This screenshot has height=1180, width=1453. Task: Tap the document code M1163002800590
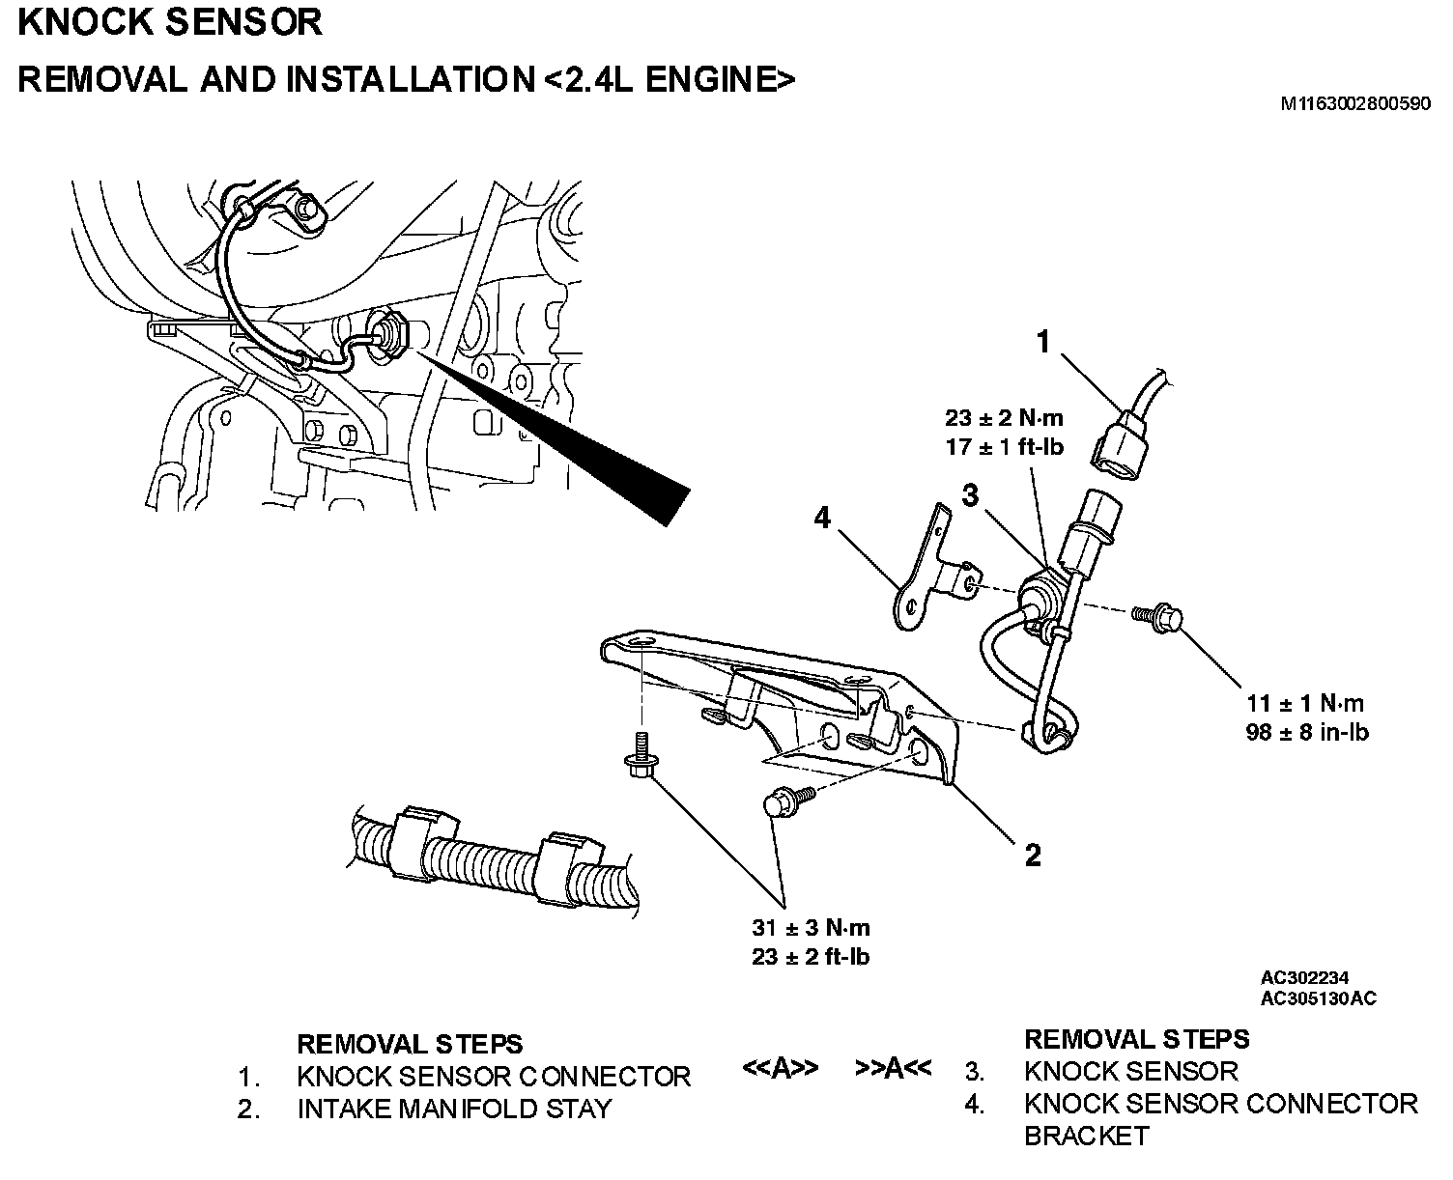1355,103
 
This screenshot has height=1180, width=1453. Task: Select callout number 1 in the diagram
1042,342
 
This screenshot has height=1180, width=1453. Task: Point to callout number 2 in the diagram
1032,855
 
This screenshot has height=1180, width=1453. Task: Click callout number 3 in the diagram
970,495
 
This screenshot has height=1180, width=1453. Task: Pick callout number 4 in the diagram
822,519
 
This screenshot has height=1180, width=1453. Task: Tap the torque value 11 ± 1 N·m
1304,704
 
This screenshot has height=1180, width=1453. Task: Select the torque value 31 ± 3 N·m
811,928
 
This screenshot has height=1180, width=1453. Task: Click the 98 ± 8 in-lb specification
1307,732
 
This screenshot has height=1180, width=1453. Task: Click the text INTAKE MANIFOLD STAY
454,1108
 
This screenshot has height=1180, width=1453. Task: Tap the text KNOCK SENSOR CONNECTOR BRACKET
1220,1118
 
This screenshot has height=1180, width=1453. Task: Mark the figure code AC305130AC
1318,998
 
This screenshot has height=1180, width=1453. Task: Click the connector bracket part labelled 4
926,579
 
